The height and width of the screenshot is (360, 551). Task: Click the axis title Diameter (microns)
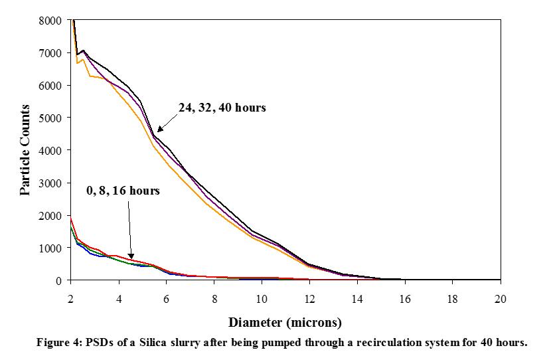pyautogui.click(x=285, y=323)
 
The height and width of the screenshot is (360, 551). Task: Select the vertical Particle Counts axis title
pyautogui.click(x=25, y=150)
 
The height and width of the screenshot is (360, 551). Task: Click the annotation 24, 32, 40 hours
pyautogui.click(x=222, y=108)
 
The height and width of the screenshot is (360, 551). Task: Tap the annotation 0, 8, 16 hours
pyautogui.click(x=123, y=191)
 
